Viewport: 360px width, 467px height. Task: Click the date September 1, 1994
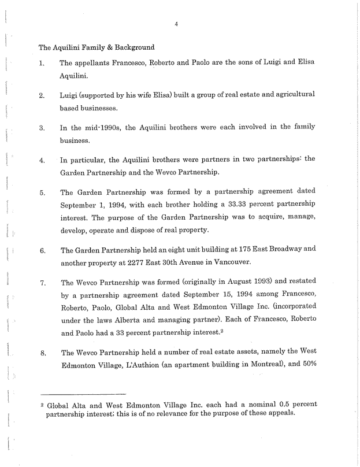point(94,205)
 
